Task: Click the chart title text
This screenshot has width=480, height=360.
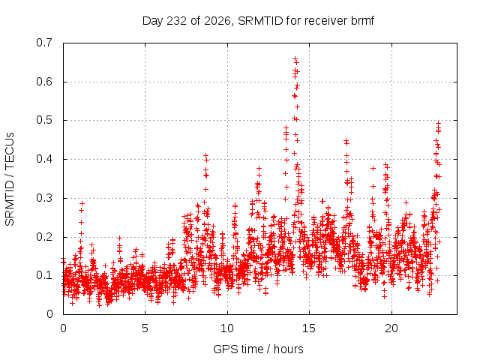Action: [x=258, y=21]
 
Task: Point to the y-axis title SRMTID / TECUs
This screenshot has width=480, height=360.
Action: [x=10, y=179]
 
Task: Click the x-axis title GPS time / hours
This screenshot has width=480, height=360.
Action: [x=258, y=349]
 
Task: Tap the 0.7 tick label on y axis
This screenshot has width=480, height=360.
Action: [x=44, y=43]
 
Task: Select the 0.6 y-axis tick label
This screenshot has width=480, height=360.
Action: [x=44, y=82]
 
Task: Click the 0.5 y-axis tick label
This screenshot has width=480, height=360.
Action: [x=44, y=120]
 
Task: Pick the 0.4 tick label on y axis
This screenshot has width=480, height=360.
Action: [x=44, y=159]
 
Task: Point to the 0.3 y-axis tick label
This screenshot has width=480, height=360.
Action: [x=44, y=198]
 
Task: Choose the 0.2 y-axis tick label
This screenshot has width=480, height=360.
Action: [x=44, y=237]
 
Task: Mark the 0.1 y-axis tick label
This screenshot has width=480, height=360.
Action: [x=44, y=275]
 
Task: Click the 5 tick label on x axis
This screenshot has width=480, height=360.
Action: [x=145, y=328]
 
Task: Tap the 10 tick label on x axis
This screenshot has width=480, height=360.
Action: [x=227, y=328]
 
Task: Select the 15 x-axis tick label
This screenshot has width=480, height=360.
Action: [x=309, y=328]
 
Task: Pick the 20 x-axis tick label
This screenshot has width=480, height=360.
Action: [x=391, y=328]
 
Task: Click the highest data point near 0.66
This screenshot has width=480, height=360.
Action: [x=295, y=58]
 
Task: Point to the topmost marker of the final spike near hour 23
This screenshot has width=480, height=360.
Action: [x=438, y=123]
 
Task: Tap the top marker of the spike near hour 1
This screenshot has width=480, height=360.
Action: [x=82, y=203]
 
